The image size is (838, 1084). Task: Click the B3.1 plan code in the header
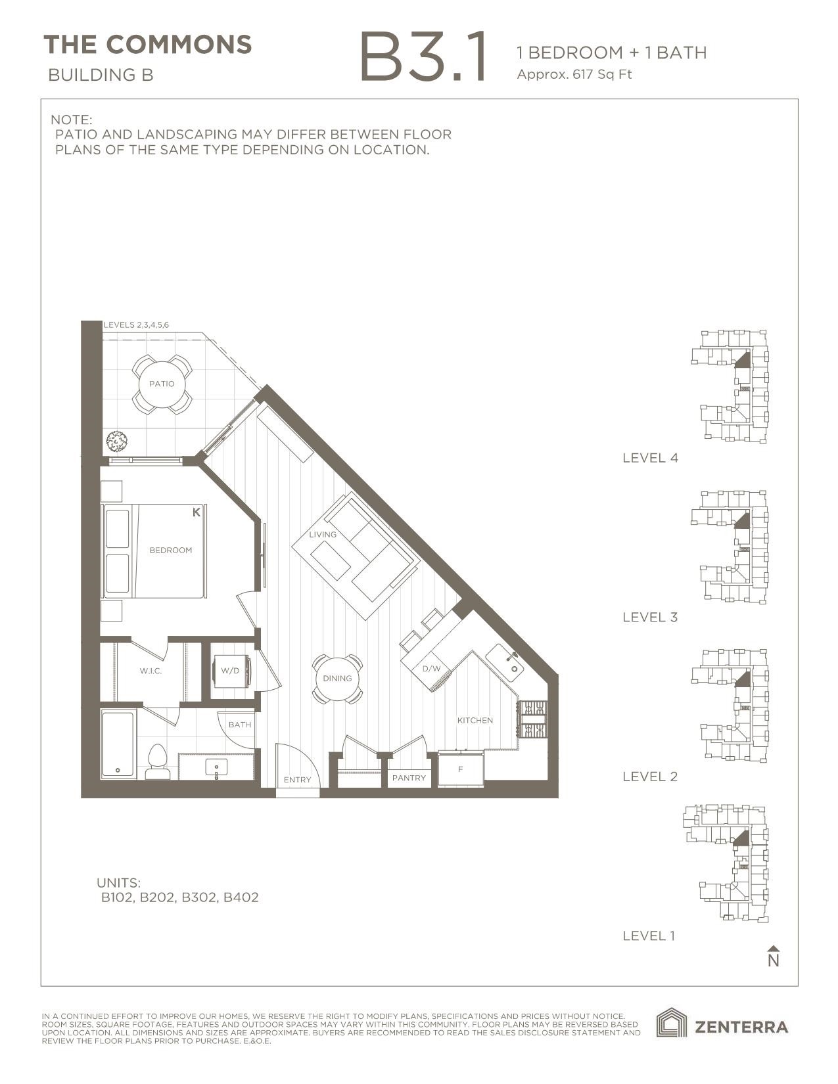[x=424, y=58]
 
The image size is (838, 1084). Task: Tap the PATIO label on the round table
[x=162, y=384]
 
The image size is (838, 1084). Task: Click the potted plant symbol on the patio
[x=117, y=441]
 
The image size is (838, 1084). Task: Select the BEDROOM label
[x=170, y=550]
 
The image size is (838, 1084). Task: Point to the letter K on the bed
[x=196, y=512]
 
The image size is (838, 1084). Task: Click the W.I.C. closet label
[x=151, y=671]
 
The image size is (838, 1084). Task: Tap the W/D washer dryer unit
[x=230, y=671]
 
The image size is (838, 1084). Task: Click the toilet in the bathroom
[x=158, y=762]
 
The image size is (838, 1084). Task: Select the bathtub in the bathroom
[x=118, y=744]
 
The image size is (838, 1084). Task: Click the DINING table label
[x=337, y=678]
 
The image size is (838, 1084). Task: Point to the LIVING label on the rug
[x=323, y=534]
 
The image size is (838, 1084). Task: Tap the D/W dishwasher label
[x=431, y=669]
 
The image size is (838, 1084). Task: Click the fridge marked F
[x=461, y=769]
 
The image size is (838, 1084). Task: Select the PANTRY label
[x=409, y=778]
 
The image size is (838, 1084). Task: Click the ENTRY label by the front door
[x=297, y=780]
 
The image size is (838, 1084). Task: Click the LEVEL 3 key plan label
[x=649, y=617]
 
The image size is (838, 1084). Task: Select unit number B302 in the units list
[x=199, y=897]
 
